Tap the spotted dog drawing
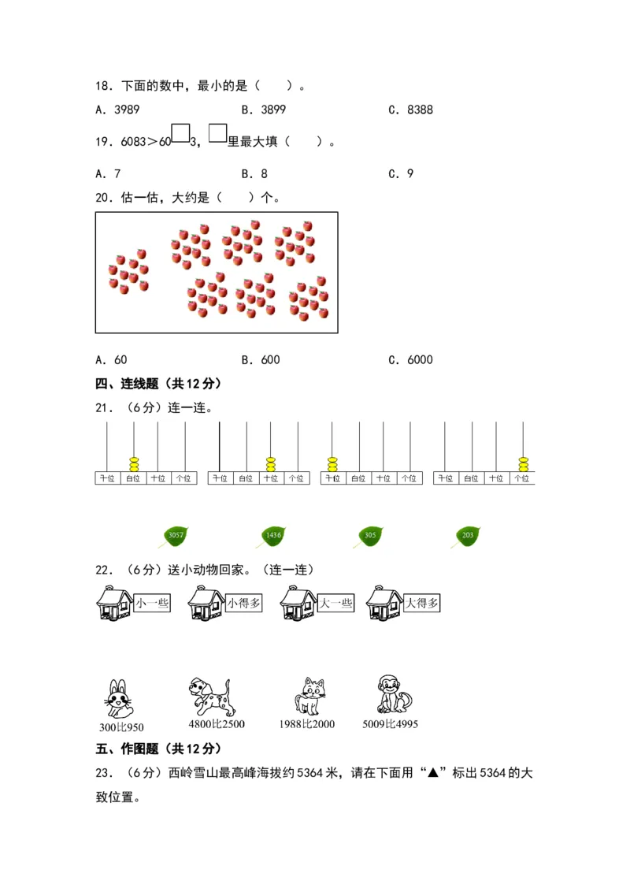click(x=209, y=696)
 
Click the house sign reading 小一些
click(x=152, y=604)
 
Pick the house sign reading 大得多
click(x=422, y=604)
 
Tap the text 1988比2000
click(x=306, y=725)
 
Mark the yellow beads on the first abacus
click(x=133, y=463)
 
